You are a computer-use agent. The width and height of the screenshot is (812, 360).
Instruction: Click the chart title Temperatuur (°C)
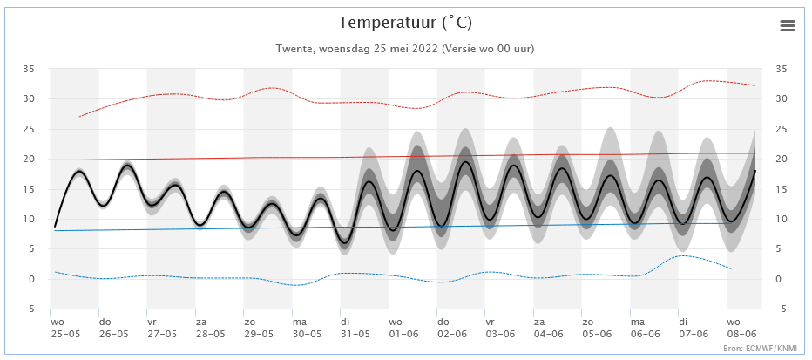pyautogui.click(x=405, y=23)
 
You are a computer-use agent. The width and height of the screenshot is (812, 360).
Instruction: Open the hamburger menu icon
pyautogui.click(x=788, y=26)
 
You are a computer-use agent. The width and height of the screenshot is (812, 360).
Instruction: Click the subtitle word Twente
pyautogui.click(x=294, y=49)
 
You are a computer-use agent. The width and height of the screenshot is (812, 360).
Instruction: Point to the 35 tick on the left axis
pyautogui.click(x=29, y=69)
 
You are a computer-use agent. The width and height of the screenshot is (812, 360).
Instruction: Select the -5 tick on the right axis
pyautogui.click(x=782, y=309)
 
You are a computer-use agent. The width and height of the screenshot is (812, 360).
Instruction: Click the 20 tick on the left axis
pyautogui.click(x=29, y=159)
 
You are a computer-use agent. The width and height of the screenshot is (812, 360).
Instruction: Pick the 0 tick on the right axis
pyautogui.click(x=778, y=279)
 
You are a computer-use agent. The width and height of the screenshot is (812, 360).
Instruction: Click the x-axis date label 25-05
pyautogui.click(x=64, y=334)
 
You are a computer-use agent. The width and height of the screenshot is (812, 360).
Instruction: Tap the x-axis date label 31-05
pyautogui.click(x=355, y=334)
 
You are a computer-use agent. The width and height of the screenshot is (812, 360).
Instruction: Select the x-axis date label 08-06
pyautogui.click(x=741, y=334)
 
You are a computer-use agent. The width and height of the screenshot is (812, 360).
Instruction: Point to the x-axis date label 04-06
pyautogui.click(x=548, y=334)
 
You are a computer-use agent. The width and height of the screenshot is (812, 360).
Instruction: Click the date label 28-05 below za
pyautogui.click(x=210, y=334)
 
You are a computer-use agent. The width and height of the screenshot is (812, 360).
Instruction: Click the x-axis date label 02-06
pyautogui.click(x=451, y=334)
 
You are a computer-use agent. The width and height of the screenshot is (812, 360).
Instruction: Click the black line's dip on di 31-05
pyautogui.click(x=346, y=241)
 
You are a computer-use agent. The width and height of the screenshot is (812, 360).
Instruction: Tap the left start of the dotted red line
pyautogui.click(x=79, y=117)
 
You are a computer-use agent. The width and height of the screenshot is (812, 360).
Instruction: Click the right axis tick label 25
pyautogui.click(x=781, y=129)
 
